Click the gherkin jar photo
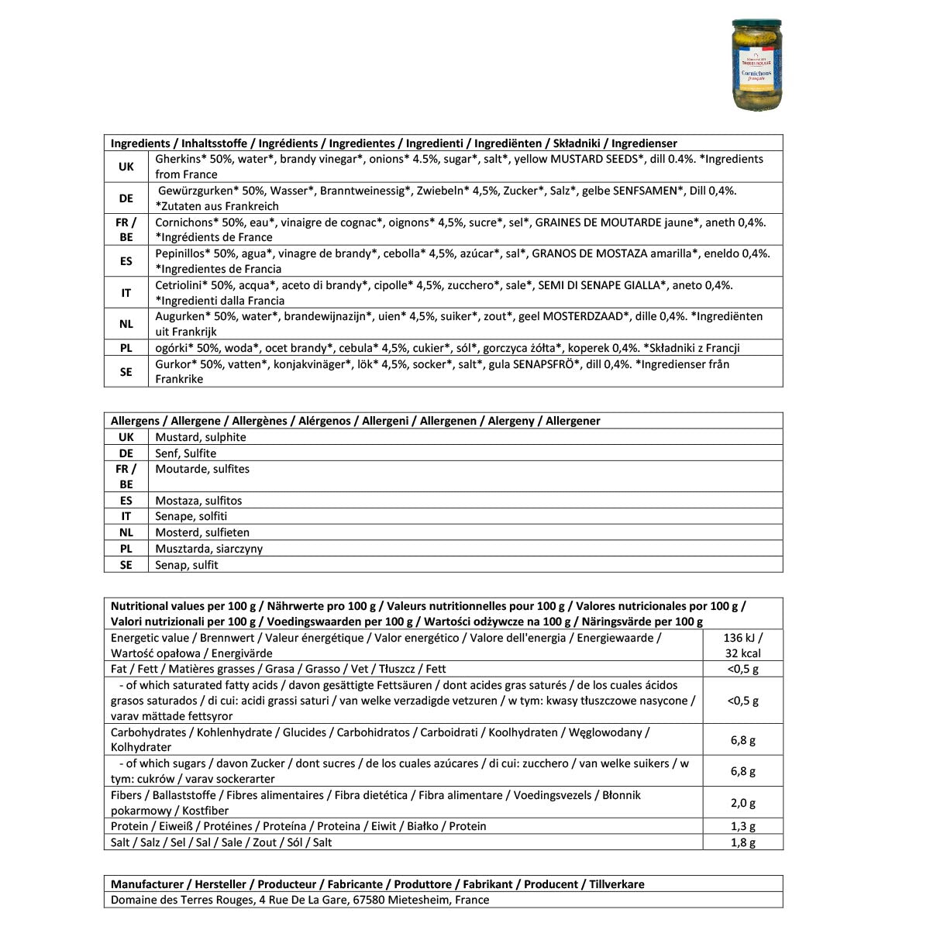tap(757, 65)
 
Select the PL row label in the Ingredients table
tap(126, 348)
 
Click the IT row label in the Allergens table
tap(126, 516)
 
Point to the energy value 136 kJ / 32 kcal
tap(742, 645)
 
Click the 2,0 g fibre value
tap(742, 803)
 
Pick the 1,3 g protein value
tap(742, 826)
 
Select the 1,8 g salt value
tap(742, 842)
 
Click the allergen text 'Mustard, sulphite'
tap(201, 437)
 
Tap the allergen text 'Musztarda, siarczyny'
tap(208, 549)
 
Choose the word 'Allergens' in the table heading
tap(135, 421)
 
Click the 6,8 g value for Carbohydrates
tap(742, 740)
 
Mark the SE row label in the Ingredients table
tap(126, 372)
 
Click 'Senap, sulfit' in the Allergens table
tap(187, 565)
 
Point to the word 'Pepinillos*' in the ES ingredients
tap(183, 253)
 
